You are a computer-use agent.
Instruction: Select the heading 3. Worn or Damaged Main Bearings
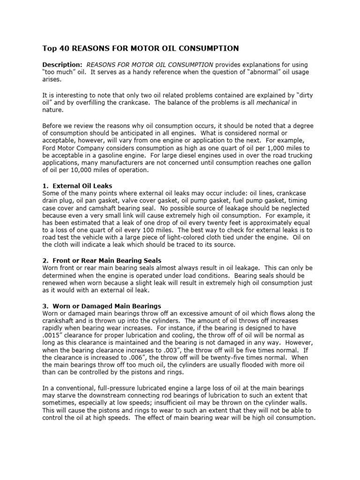102,306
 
